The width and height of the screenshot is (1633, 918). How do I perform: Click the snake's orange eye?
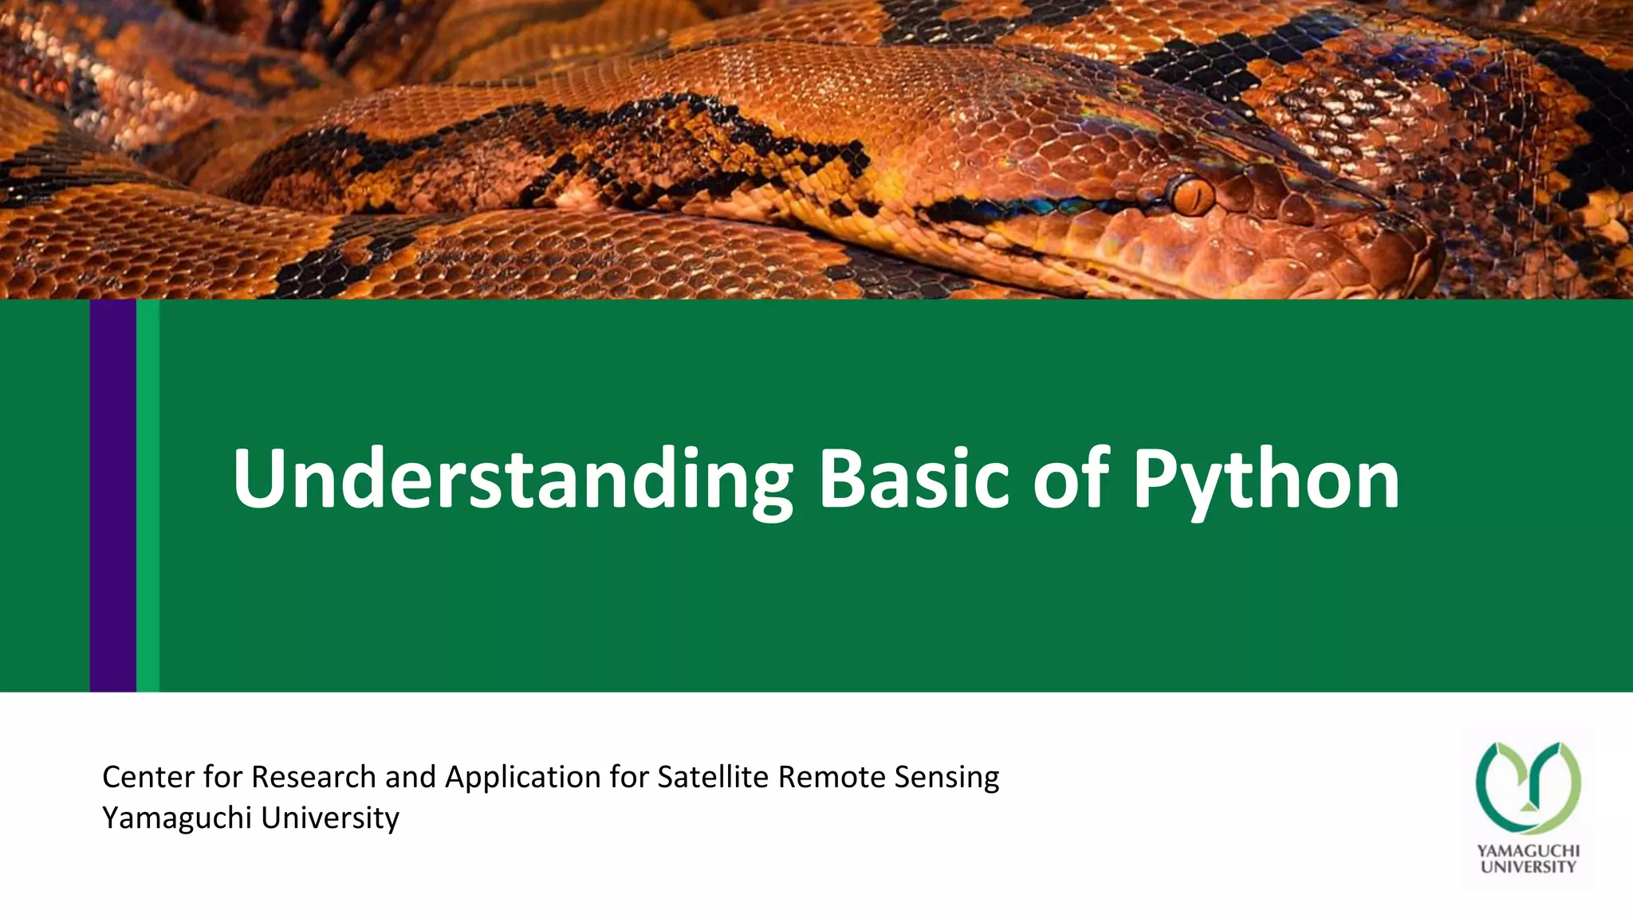(x=1191, y=194)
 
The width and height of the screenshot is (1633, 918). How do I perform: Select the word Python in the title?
(x=1265, y=479)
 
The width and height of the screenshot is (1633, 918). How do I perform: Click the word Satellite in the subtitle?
(x=713, y=777)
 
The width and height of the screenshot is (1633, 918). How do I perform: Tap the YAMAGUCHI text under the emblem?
(x=1528, y=851)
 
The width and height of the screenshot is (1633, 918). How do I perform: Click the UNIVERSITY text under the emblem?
(x=1528, y=867)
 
